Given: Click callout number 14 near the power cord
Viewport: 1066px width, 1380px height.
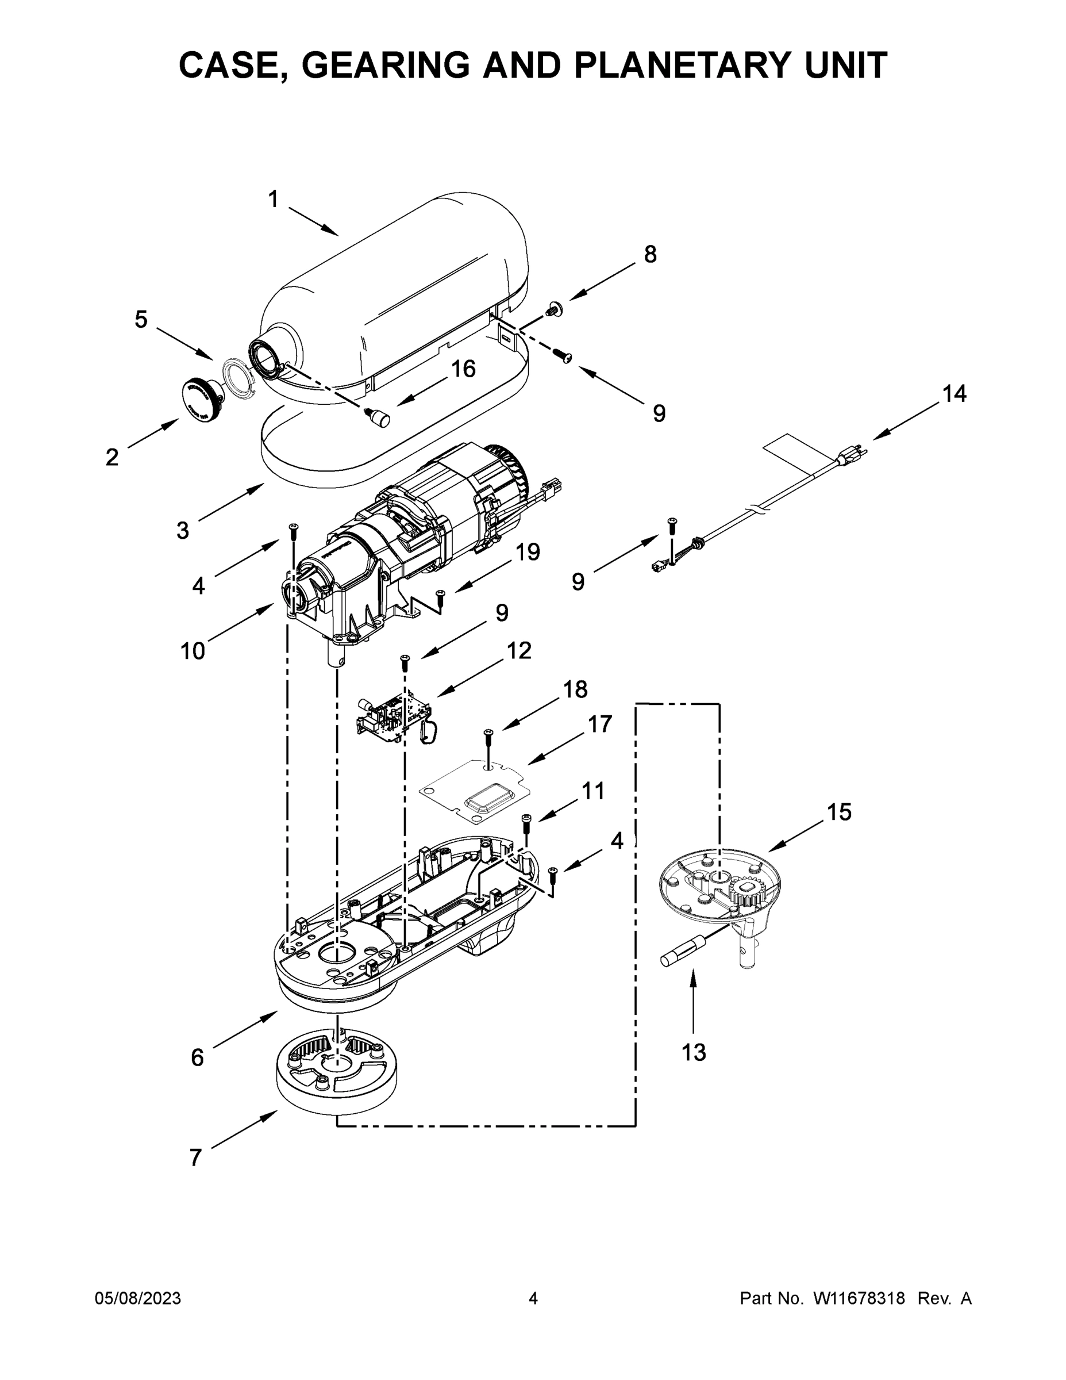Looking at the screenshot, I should [954, 394].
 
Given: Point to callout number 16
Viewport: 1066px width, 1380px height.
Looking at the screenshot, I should [464, 369].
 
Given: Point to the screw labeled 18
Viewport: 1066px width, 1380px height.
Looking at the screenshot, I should [488, 735].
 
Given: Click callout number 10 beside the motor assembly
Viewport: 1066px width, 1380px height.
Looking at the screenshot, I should [193, 651].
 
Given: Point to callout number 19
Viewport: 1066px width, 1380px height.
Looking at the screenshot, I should [528, 552].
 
